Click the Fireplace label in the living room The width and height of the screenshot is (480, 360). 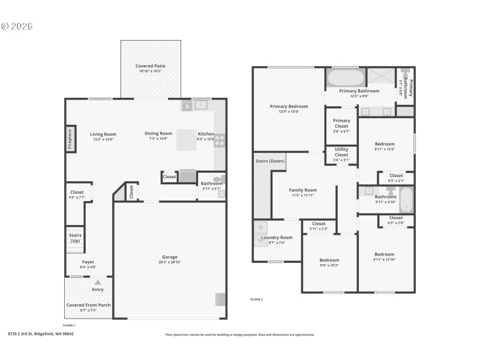70,139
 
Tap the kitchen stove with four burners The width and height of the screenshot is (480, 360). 220,140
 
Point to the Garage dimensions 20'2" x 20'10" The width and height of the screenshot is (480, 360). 169,262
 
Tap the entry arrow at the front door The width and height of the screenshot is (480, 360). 98,281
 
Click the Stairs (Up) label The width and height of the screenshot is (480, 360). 75,238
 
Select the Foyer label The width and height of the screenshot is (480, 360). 88,262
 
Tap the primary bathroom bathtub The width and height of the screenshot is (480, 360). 345,78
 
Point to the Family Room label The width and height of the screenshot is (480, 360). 302,190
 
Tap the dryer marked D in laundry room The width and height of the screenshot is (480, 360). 260,227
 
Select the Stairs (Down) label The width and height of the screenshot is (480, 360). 270,161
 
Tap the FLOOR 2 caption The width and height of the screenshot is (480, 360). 256,299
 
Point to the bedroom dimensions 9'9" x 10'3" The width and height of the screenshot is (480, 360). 329,265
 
